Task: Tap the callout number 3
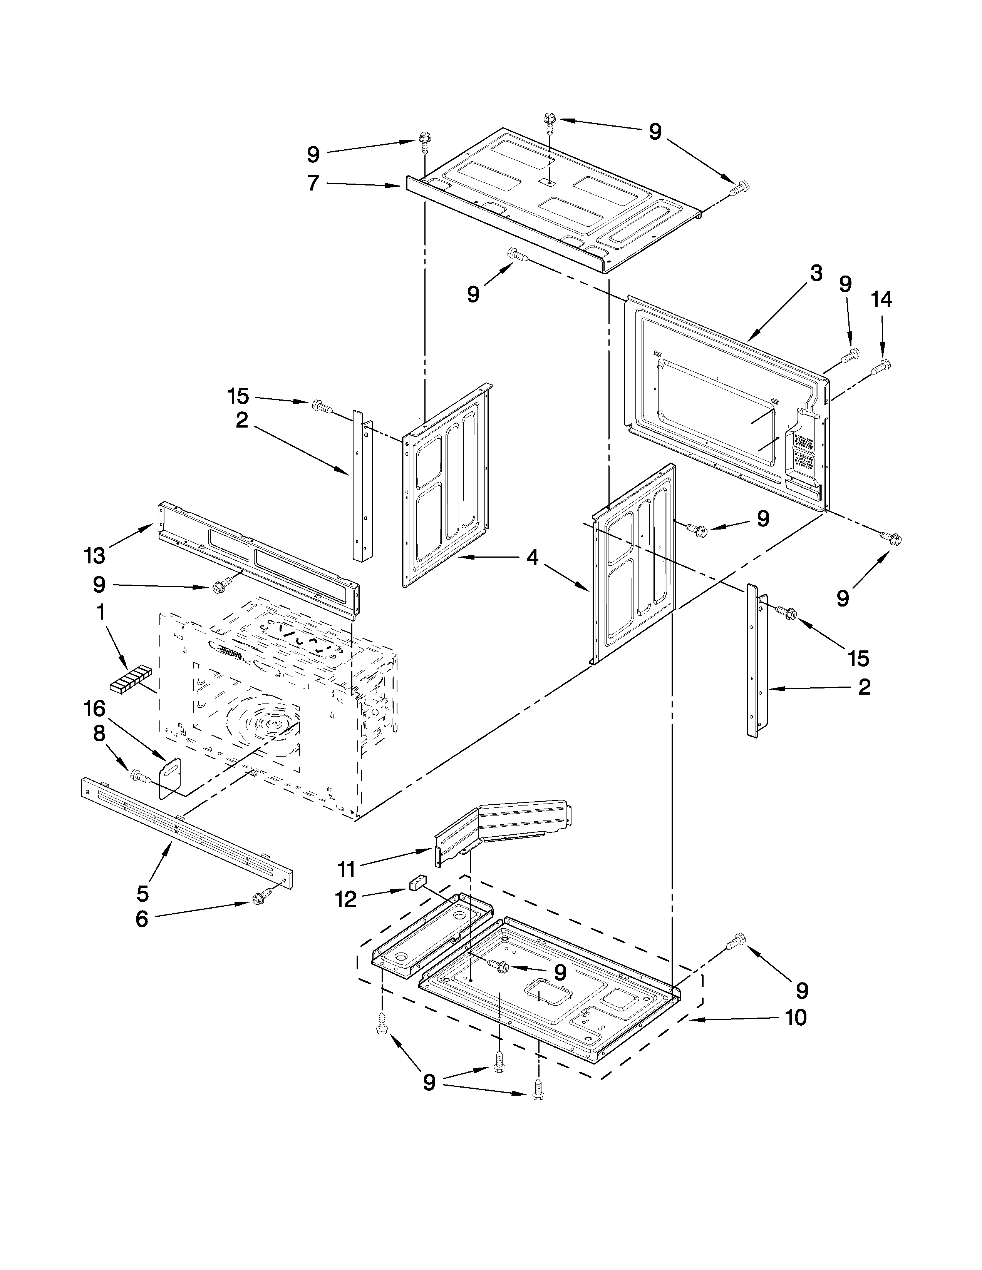(x=816, y=273)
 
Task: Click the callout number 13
(x=94, y=556)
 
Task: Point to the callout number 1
(x=100, y=612)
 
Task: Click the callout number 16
(x=94, y=709)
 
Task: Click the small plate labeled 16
(x=170, y=776)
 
